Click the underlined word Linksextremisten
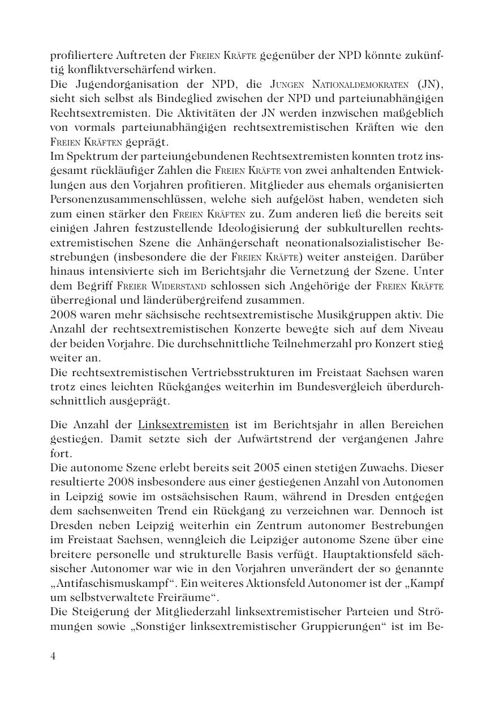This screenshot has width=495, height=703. (183, 425)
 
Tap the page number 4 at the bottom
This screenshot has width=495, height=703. (53, 656)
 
